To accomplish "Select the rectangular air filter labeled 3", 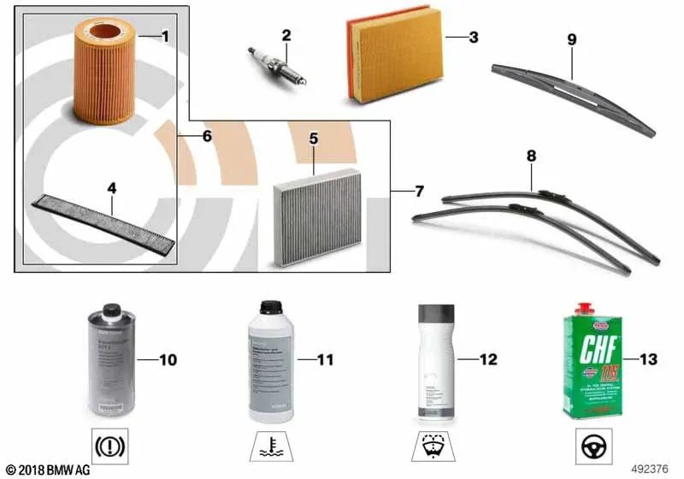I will [x=394, y=62].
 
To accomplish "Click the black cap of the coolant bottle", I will [x=271, y=307].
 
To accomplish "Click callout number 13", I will [x=647, y=359].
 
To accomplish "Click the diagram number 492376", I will [x=654, y=469].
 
